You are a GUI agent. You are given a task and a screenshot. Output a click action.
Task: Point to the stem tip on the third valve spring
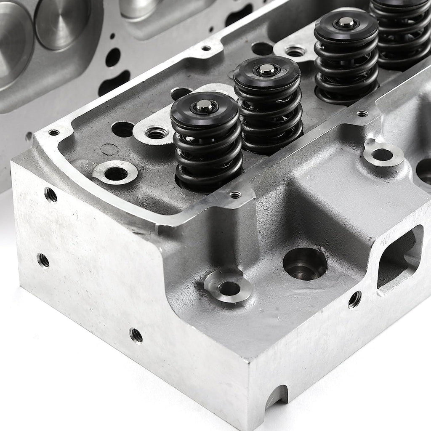(346, 24)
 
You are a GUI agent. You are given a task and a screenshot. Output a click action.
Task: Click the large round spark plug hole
(305, 264)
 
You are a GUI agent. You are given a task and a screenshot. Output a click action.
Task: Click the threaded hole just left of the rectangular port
(354, 299)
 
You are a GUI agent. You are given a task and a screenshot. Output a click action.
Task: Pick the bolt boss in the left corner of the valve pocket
(115, 173)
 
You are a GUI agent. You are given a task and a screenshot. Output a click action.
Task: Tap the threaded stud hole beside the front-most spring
(156, 133)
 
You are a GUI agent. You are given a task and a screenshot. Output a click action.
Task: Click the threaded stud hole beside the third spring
(295, 52)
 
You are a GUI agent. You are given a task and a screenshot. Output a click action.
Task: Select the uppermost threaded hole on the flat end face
(51, 195)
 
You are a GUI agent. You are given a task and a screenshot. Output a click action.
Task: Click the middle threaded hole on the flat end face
(43, 260)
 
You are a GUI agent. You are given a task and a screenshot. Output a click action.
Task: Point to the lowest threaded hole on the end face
(136, 335)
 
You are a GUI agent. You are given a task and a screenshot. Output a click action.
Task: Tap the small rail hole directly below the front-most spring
(235, 195)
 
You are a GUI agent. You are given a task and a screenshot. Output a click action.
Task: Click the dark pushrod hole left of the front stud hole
(123, 129)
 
